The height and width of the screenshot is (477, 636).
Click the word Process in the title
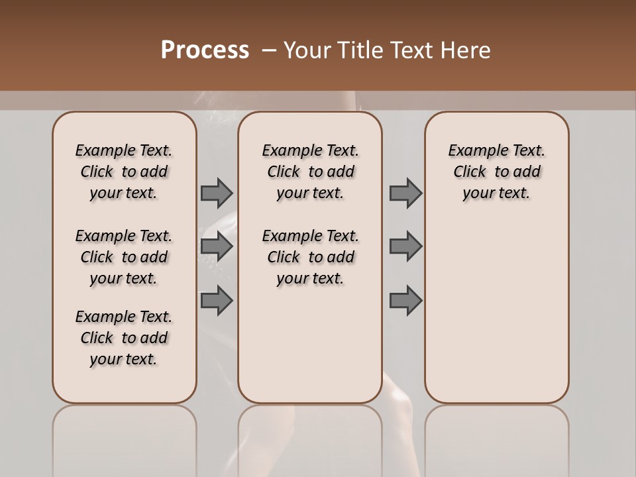[x=205, y=50]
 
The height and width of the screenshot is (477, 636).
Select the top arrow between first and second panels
[x=217, y=193]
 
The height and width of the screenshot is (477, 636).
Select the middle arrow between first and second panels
[x=217, y=246]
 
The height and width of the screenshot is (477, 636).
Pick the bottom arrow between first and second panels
[x=217, y=300]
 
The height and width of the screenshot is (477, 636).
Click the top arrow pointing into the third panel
[x=405, y=193]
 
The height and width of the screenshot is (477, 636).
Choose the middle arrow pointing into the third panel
[x=405, y=246]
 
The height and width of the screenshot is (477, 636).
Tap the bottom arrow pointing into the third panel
[x=405, y=300]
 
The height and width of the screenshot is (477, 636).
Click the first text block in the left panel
[x=124, y=172]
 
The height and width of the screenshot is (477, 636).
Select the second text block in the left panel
[x=124, y=257]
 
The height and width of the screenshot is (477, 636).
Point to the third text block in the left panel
[x=124, y=338]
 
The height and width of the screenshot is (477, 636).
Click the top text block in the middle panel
[x=310, y=172]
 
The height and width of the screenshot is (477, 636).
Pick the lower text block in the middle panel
[x=310, y=257]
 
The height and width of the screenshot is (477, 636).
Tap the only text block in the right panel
[x=497, y=172]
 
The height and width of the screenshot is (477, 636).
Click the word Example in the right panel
[x=474, y=151]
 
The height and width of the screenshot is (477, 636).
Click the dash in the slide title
[x=270, y=50]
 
